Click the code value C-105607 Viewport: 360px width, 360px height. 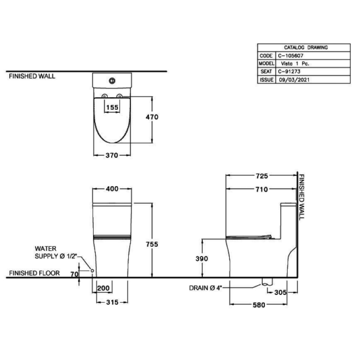(x=290, y=56)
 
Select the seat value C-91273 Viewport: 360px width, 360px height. (x=289, y=72)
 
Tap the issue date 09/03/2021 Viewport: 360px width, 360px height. (x=294, y=80)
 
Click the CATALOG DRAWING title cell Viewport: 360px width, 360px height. (x=306, y=48)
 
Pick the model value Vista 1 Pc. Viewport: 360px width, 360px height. (x=295, y=64)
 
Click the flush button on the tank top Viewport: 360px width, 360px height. (x=112, y=80)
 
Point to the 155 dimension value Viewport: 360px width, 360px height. (x=112, y=107)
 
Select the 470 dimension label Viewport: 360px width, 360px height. (x=152, y=117)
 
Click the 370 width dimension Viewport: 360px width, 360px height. (x=112, y=156)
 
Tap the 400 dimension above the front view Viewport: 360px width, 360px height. (x=112, y=189)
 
